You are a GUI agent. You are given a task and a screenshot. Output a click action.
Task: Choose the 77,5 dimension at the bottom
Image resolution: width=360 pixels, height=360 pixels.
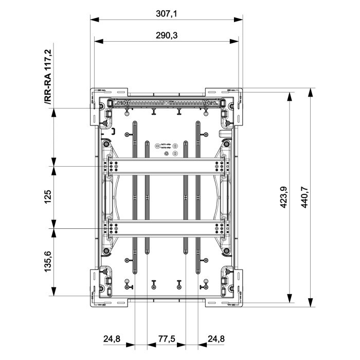point(166,339)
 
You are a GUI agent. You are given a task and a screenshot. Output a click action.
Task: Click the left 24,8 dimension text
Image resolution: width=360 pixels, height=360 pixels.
point(112,339)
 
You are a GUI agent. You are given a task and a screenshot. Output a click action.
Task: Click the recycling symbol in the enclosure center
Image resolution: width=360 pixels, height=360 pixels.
point(166,153)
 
